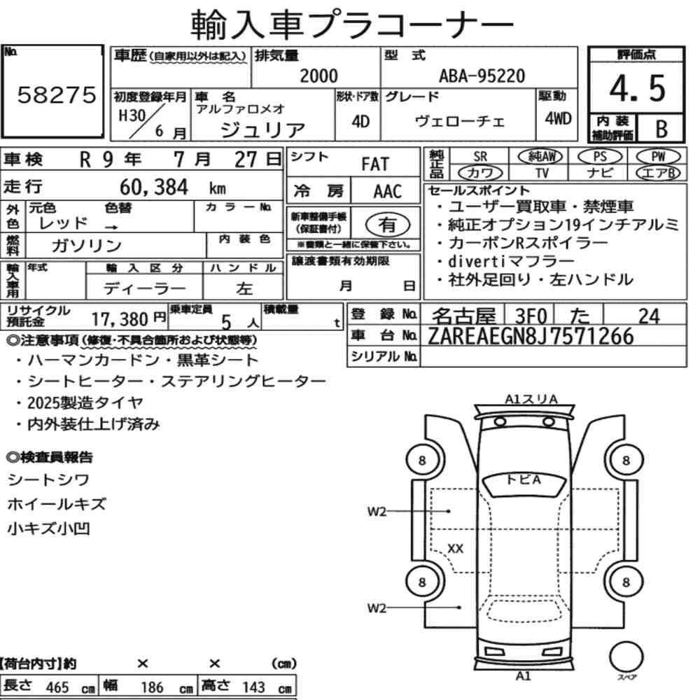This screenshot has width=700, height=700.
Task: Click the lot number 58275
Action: pos(57,94)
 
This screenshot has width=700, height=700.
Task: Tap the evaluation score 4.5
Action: pos(637,88)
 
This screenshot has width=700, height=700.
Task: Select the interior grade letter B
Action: pos(661,129)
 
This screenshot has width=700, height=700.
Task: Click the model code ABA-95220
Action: pos(482,76)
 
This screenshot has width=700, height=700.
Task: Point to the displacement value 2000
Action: pos(318,76)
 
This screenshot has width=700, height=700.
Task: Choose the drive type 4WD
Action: pos(558,119)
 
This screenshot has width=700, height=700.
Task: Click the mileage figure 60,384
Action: pos(154,188)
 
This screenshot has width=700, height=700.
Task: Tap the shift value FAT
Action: pos(375,164)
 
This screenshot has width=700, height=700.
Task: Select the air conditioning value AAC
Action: pos(388,191)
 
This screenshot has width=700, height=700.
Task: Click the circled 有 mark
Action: pos(388,225)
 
